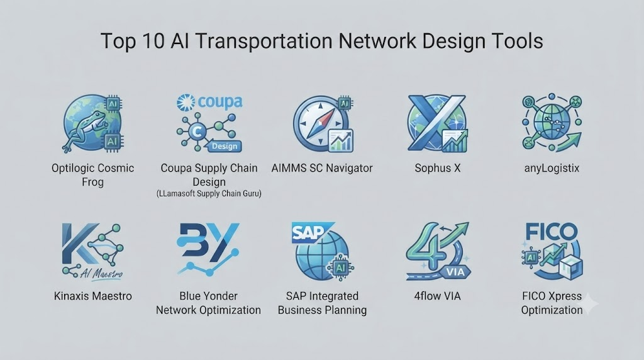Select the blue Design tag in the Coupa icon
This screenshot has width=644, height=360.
[225, 146]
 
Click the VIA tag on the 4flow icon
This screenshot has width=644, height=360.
[455, 272]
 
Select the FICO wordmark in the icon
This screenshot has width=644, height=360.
[552, 232]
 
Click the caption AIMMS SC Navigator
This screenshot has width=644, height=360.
[322, 168]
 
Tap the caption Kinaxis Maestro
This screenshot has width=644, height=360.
[93, 296]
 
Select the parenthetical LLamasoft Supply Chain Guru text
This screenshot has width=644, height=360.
[209, 194]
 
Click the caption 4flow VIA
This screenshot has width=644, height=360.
[438, 296]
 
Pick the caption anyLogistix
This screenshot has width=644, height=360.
[552, 169]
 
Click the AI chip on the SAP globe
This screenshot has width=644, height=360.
[340, 267]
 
